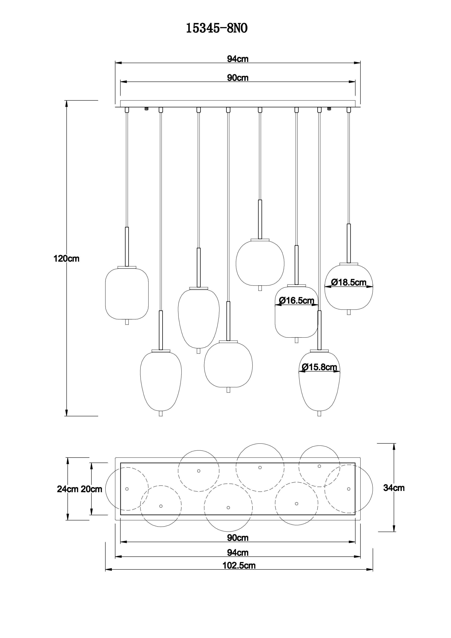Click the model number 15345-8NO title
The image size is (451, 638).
tap(217, 28)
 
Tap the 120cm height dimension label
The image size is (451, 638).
tap(67, 259)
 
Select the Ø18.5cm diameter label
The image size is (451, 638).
tap(349, 282)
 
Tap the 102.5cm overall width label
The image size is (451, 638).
tap(239, 565)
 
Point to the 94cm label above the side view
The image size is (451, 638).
tap(238, 59)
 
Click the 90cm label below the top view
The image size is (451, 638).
tap(238, 538)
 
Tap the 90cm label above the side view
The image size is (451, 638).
tap(238, 78)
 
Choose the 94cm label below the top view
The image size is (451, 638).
tap(238, 553)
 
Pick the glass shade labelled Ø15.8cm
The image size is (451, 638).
tap(319, 382)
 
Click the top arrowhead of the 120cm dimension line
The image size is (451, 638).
tap(67, 103)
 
